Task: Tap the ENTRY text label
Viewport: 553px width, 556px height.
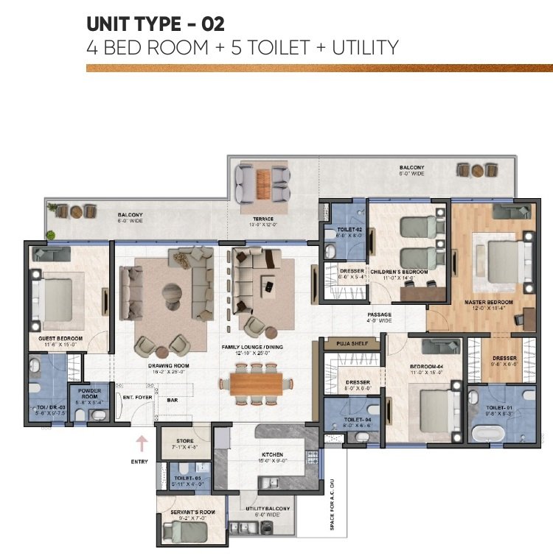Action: click(x=139, y=462)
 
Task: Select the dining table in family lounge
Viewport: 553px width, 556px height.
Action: click(x=255, y=384)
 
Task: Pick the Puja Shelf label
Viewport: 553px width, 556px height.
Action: click(x=352, y=342)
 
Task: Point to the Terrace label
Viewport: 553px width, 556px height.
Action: click(x=262, y=219)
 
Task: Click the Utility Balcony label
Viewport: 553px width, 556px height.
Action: click(x=268, y=509)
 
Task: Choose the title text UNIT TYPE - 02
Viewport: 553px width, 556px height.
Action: click(x=155, y=24)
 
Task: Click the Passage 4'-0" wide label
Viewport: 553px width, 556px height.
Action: click(x=380, y=317)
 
